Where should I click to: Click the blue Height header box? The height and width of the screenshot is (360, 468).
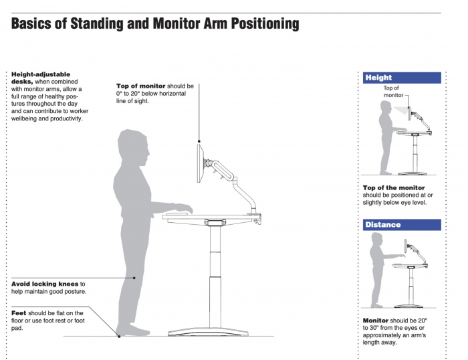402,78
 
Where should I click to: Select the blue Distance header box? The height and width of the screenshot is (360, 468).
402,225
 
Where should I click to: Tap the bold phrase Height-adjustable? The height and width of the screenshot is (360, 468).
41,74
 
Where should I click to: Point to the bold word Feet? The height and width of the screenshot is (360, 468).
19,312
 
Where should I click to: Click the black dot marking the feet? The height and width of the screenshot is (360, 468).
119,335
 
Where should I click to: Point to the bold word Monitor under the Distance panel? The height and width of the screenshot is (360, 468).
376,321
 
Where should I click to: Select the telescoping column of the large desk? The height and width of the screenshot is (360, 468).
215,274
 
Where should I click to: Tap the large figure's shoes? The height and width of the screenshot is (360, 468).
130,330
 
